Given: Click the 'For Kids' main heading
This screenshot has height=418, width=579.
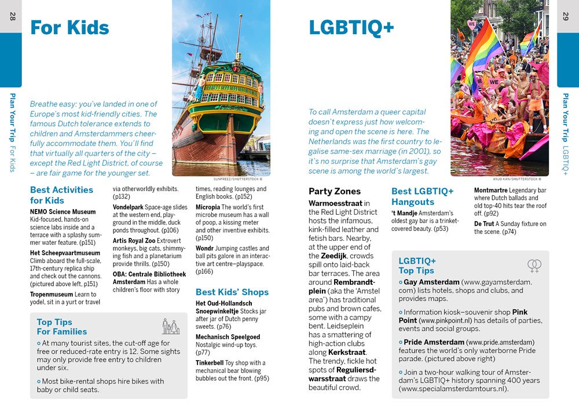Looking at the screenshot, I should tap(69, 28).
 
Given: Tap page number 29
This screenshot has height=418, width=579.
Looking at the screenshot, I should tap(566, 16).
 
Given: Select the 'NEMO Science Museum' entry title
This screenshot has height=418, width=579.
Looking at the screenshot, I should tap(63, 212).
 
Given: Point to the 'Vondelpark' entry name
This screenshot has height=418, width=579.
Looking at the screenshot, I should tap(128, 207).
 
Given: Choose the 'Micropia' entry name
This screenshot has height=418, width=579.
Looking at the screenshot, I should tap(208, 207).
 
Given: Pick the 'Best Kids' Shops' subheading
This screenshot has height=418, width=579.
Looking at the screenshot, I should tap(232, 292).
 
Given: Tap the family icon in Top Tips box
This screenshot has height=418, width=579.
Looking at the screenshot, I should tap(170, 327).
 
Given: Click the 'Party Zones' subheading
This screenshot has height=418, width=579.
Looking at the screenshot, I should tap(335, 192).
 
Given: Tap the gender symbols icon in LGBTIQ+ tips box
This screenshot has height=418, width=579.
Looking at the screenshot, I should tap(534, 266).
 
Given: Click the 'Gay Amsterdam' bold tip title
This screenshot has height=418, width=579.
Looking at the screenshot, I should tap(427, 282).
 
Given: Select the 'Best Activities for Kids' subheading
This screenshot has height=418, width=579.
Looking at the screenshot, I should tap(61, 195).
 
